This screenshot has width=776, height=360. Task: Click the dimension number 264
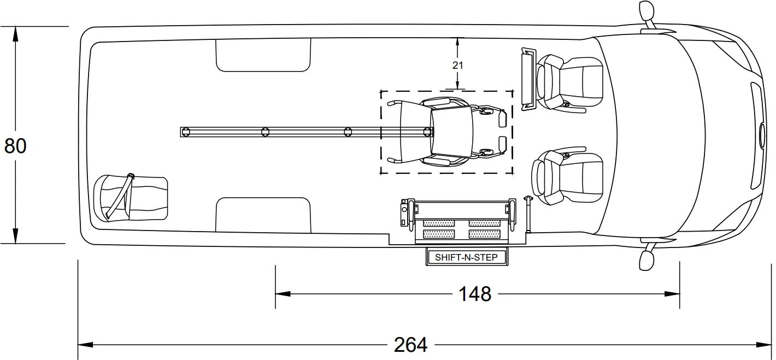(410, 345)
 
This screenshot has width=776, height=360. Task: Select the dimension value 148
(474, 294)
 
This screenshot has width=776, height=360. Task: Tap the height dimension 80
(15, 146)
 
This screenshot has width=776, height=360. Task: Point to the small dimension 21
(458, 64)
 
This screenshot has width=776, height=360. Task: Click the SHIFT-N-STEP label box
(466, 257)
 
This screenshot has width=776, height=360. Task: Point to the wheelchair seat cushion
(451, 131)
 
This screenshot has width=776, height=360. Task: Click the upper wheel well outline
(263, 55)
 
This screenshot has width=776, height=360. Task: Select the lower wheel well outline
(263, 214)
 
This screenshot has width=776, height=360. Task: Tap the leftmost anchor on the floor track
(186, 132)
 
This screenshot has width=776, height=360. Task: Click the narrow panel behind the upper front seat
(528, 78)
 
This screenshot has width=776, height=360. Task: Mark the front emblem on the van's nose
(762, 134)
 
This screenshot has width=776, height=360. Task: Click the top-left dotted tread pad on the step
(439, 223)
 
